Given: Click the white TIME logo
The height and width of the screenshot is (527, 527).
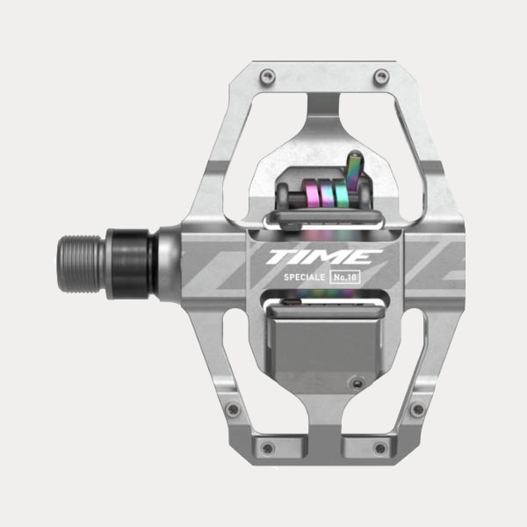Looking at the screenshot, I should pos(325,257).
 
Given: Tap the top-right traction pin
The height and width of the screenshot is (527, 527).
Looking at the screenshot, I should pos(380,78).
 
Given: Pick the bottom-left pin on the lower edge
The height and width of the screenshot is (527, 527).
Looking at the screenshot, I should pos(268,449).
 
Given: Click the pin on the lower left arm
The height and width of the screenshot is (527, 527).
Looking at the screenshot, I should pos(232,408).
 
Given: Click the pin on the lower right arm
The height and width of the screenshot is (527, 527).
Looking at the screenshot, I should pos(416,408).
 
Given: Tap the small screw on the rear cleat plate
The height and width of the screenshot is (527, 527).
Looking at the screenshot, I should pos(355,380).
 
